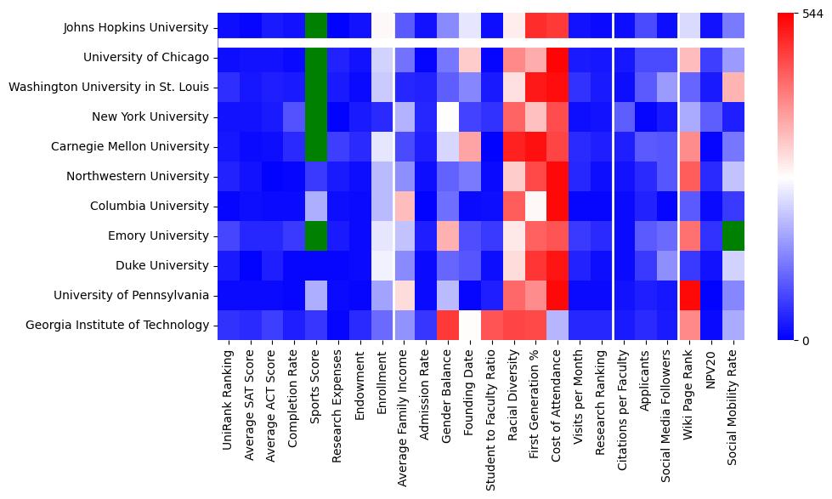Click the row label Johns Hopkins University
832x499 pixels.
click(136, 28)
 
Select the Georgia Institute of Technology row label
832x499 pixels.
click(117, 325)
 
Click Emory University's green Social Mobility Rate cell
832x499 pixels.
click(733, 235)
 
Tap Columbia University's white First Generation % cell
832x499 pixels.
click(535, 206)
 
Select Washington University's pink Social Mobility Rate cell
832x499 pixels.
click(733, 87)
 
